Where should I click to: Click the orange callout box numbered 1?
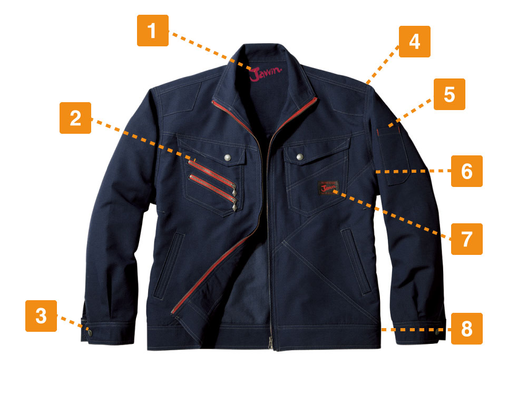click(153, 31)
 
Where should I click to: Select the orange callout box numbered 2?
click(75, 118)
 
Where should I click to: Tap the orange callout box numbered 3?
click(41, 316)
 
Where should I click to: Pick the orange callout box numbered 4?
click(415, 42)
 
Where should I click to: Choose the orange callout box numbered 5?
click(450, 94)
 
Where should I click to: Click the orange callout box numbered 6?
click(467, 171)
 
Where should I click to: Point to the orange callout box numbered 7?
click(467, 239)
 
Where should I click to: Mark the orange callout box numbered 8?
click(467, 329)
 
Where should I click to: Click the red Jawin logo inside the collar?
click(266, 74)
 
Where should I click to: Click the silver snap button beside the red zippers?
click(228, 157)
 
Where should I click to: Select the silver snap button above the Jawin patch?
click(299, 156)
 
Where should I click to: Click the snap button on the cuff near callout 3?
click(90, 333)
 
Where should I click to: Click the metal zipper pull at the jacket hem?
click(270, 343)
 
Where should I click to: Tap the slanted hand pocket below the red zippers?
click(169, 265)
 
